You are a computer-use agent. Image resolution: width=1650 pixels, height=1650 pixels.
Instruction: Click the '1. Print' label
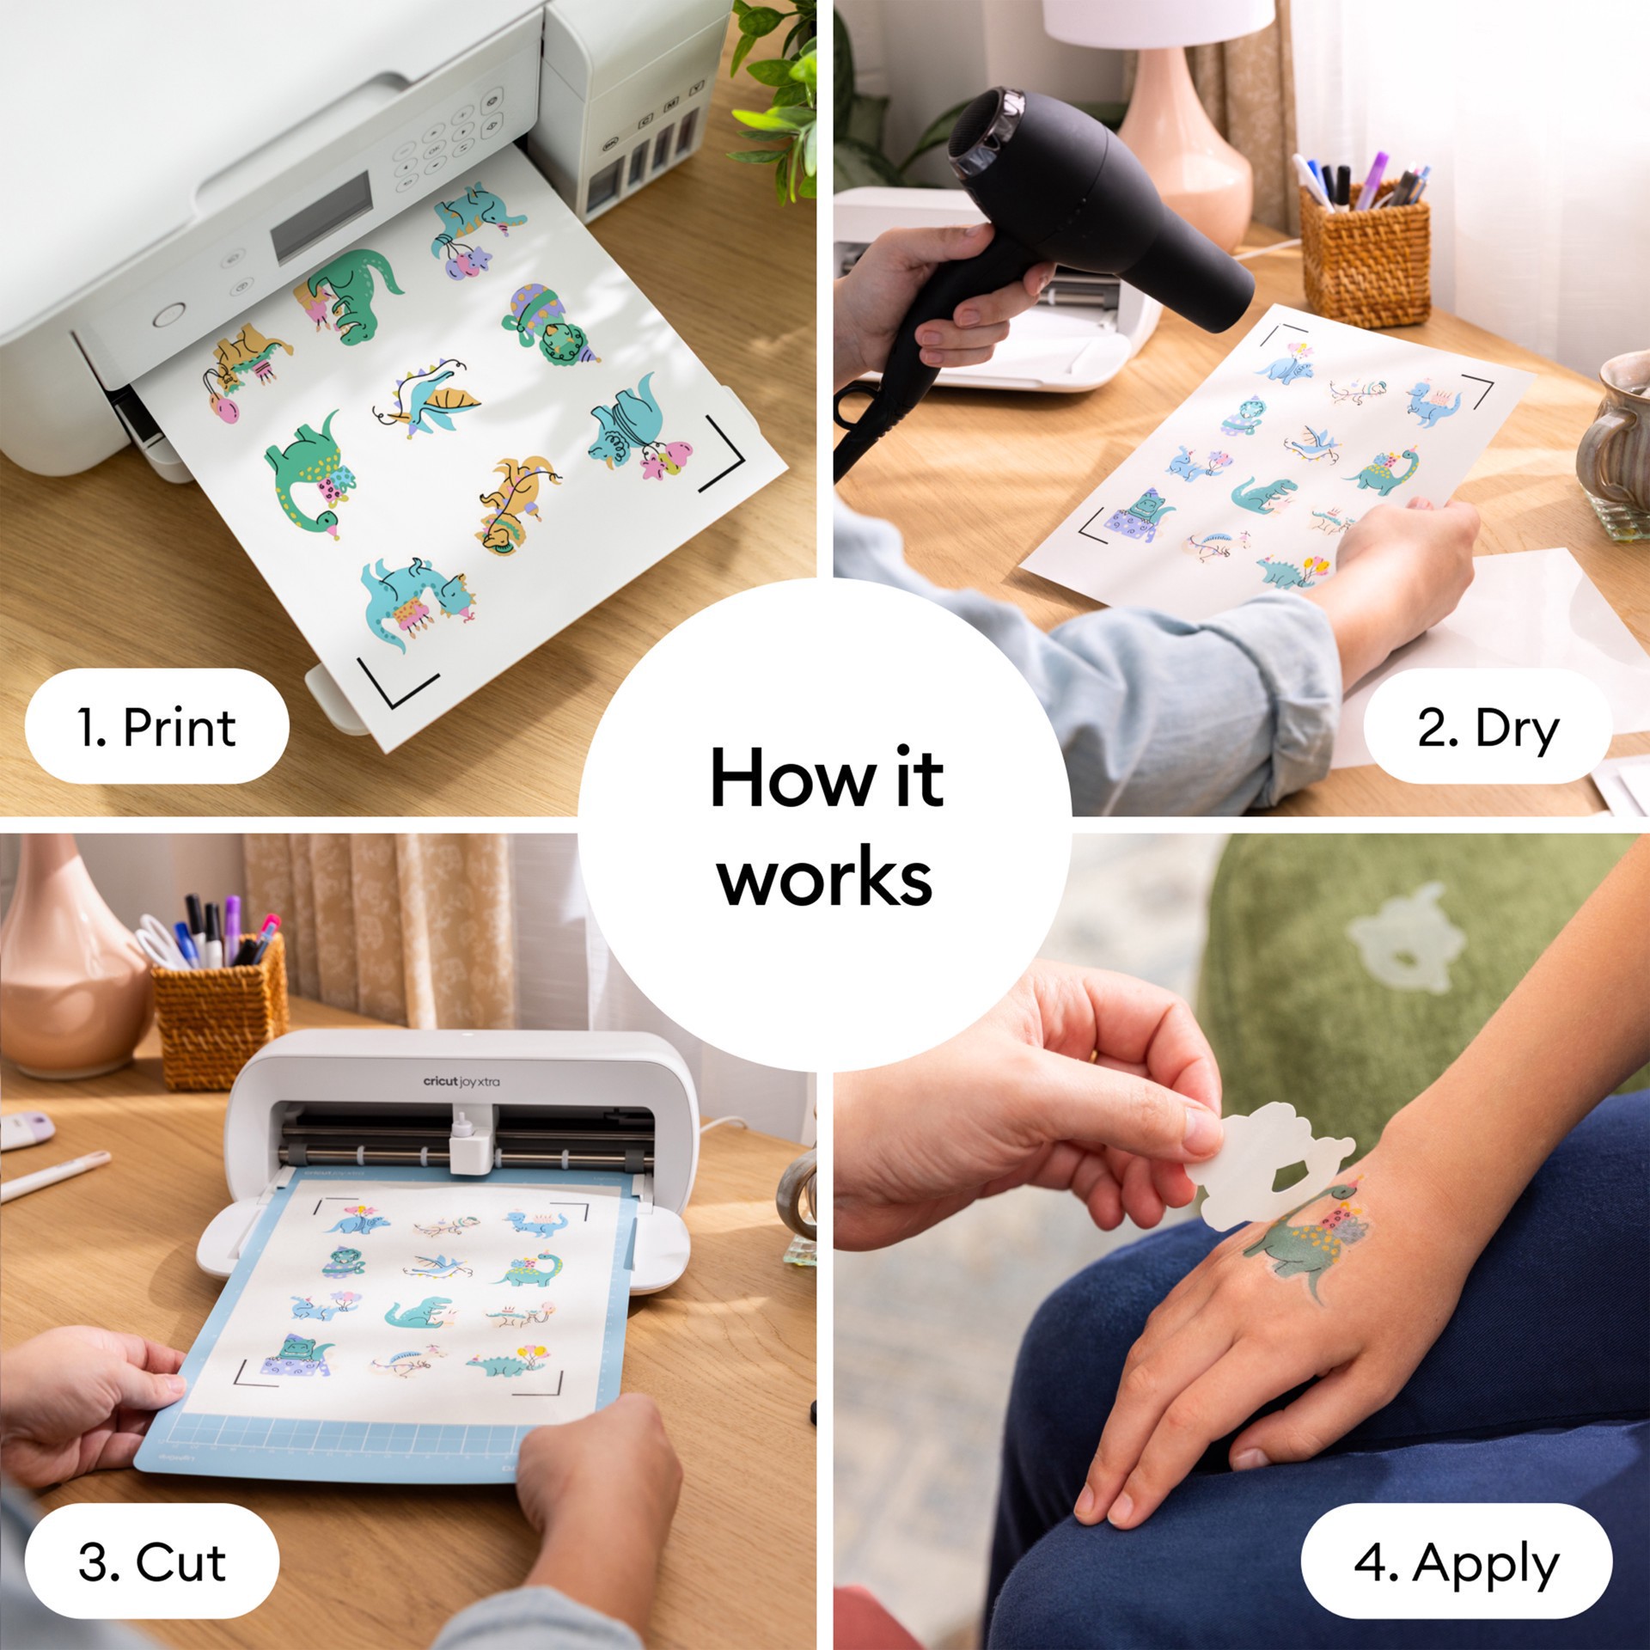(156, 727)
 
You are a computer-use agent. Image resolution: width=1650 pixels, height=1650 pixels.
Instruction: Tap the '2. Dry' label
(1487, 727)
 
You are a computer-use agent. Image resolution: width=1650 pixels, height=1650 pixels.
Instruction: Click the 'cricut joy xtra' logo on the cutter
(461, 1081)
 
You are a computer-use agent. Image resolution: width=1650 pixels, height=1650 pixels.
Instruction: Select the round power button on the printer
(168, 315)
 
